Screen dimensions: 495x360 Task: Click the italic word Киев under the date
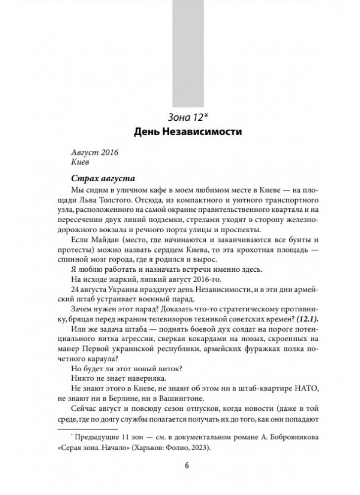(x=80, y=162)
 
